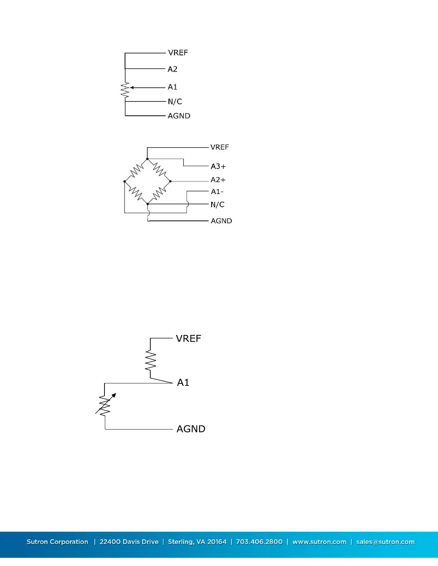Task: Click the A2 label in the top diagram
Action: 172,69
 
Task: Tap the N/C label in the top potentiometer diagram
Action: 175,102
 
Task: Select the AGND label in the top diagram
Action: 179,116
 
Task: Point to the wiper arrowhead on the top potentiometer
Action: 132,88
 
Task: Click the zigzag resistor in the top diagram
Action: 125,90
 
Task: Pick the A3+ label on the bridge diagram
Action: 218,167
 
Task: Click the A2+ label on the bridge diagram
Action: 218,180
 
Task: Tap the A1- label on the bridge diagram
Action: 217,192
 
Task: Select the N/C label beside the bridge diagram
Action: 217,205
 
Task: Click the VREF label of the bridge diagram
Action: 219,147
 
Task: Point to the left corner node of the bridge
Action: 125,182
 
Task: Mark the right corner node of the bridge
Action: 170,181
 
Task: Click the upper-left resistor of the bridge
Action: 136,170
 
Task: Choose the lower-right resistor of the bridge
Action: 159,193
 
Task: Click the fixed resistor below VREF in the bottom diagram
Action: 151,361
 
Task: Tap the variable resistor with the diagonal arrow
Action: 105,405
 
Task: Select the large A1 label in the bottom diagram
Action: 183,383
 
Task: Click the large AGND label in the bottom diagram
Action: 191,429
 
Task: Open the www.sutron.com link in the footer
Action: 319,542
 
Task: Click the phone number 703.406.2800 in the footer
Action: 259,542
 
